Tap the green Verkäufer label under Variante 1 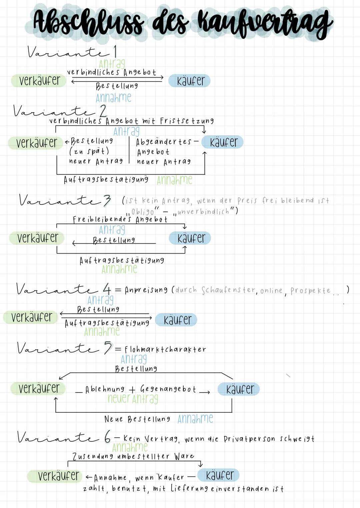pyautogui.click(x=39, y=80)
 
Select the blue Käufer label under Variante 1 pyautogui.click(x=190, y=81)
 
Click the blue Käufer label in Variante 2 pyautogui.click(x=223, y=142)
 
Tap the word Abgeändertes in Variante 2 pyautogui.click(x=164, y=142)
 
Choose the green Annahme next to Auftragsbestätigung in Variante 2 pyautogui.click(x=174, y=180)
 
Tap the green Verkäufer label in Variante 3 pyautogui.click(x=37, y=238)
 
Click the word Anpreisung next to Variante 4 pyautogui.click(x=146, y=290)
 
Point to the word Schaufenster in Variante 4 pyautogui.click(x=228, y=290)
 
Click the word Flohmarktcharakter pyautogui.click(x=165, y=349)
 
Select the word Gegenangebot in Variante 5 pyautogui.click(x=168, y=389)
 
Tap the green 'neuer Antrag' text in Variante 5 pyautogui.click(x=133, y=398)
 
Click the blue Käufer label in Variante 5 pyautogui.click(x=239, y=389)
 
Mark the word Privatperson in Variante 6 pyautogui.click(x=248, y=439)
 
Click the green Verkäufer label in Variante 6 pyautogui.click(x=58, y=476)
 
